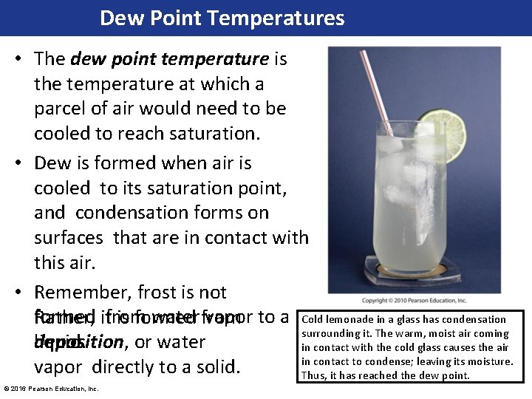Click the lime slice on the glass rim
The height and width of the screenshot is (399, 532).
[x=441, y=136]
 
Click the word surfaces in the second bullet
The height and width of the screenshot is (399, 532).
[x=68, y=237]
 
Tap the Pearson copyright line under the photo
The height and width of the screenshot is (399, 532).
[x=415, y=301]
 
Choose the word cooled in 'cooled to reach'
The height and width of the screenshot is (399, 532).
[x=62, y=134]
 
